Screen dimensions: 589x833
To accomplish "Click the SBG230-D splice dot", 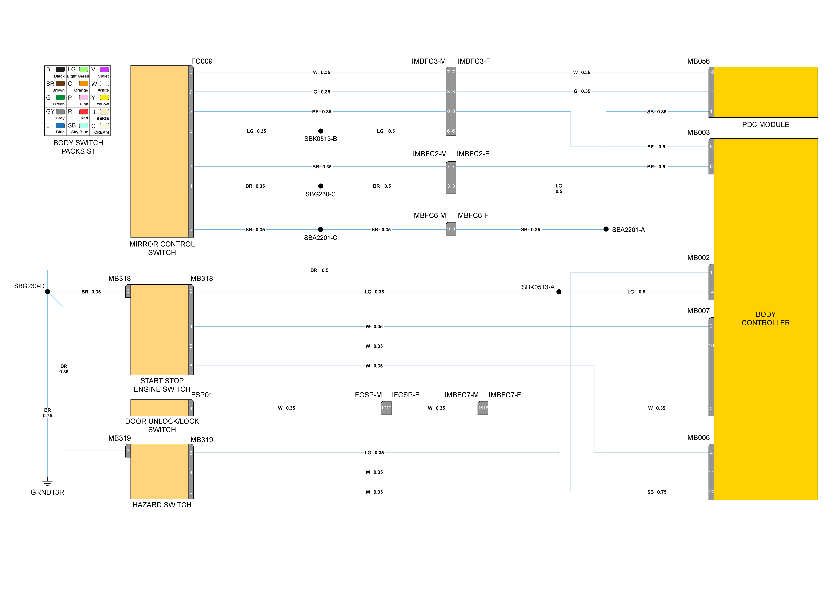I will pyautogui.click(x=48, y=292).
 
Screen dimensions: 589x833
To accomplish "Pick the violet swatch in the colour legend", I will pyautogui.click(x=104, y=69).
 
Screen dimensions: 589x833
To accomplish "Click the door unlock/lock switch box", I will pyautogui.click(x=159, y=408).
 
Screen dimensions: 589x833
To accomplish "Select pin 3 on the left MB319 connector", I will pyautogui.click(x=128, y=451).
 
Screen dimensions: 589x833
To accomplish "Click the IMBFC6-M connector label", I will pyautogui.click(x=429, y=216).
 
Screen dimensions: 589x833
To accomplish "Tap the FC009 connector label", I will pyautogui.click(x=202, y=61).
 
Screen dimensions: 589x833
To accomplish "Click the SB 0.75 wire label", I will pyautogui.click(x=657, y=492).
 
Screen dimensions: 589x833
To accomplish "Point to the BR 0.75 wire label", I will pyautogui.click(x=48, y=413).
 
